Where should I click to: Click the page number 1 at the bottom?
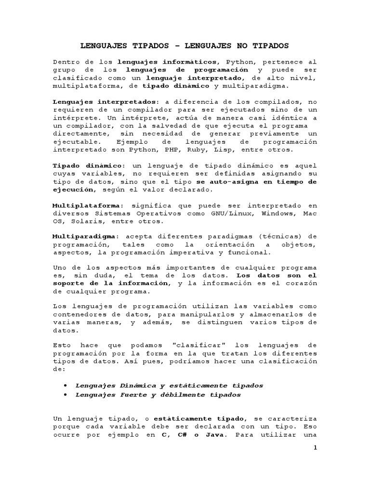[x=315, y=448]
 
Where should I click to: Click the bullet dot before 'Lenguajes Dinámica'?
[x=65, y=385]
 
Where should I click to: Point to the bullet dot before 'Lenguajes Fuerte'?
[x=65, y=395]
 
